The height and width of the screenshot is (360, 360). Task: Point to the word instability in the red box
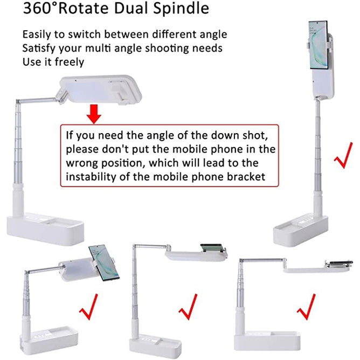tap(92, 176)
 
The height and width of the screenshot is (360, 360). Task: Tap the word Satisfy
tap(38, 47)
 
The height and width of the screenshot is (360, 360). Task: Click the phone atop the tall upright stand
tap(318, 46)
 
